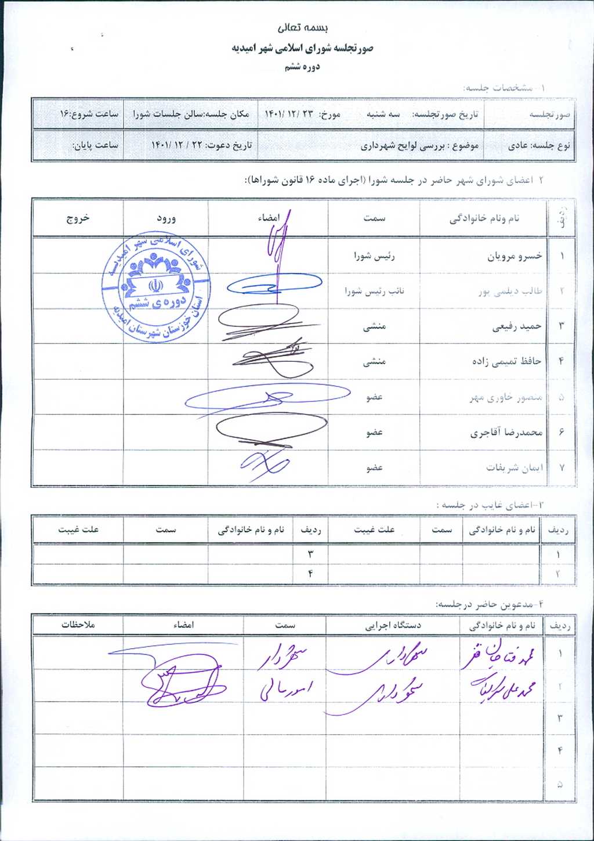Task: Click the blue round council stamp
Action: (x=156, y=289)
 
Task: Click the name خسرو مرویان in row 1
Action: (x=515, y=256)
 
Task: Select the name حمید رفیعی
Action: (x=517, y=326)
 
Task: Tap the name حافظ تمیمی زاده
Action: (x=506, y=361)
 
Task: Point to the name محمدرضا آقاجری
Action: (x=506, y=432)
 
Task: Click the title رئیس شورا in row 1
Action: (x=374, y=256)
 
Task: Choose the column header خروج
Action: (x=78, y=218)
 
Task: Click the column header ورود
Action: (x=166, y=218)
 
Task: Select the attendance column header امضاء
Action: (x=269, y=218)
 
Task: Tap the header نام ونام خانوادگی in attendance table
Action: (x=484, y=218)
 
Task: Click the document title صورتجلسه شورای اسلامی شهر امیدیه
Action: (x=302, y=48)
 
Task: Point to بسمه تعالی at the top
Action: (x=303, y=27)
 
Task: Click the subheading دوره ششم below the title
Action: (x=302, y=67)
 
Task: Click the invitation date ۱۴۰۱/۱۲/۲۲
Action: (x=172, y=145)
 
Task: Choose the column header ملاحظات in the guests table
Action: (x=78, y=625)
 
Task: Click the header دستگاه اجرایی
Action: (x=393, y=626)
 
